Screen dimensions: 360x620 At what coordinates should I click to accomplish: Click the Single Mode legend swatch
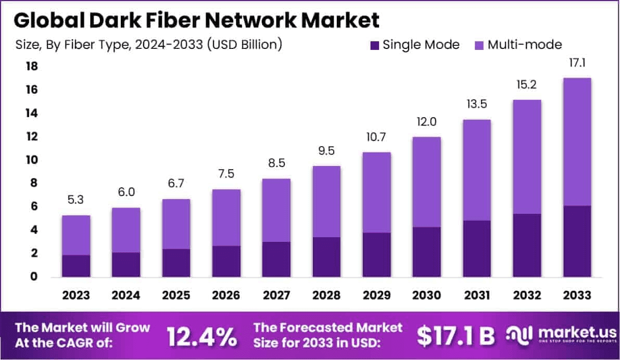[374, 45]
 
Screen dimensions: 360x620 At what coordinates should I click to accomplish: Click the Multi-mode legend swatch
[479, 45]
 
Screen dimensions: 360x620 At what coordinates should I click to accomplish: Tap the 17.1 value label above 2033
[577, 63]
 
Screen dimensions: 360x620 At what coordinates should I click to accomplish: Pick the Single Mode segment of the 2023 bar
[76, 266]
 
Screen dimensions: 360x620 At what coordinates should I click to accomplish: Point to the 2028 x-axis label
[326, 295]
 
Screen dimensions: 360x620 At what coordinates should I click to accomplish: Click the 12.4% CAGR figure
[201, 337]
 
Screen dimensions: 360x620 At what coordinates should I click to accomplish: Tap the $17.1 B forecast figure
[456, 337]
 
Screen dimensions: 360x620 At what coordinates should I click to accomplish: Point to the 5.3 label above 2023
[76, 200]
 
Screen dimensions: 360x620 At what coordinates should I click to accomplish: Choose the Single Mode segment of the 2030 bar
[426, 252]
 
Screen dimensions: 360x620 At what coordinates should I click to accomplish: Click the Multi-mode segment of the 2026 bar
[226, 217]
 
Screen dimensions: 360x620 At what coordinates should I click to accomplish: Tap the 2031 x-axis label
[477, 295]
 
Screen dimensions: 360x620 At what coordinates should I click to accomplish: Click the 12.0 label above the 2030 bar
[426, 122]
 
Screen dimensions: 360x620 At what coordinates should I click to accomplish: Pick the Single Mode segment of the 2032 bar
[527, 245]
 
